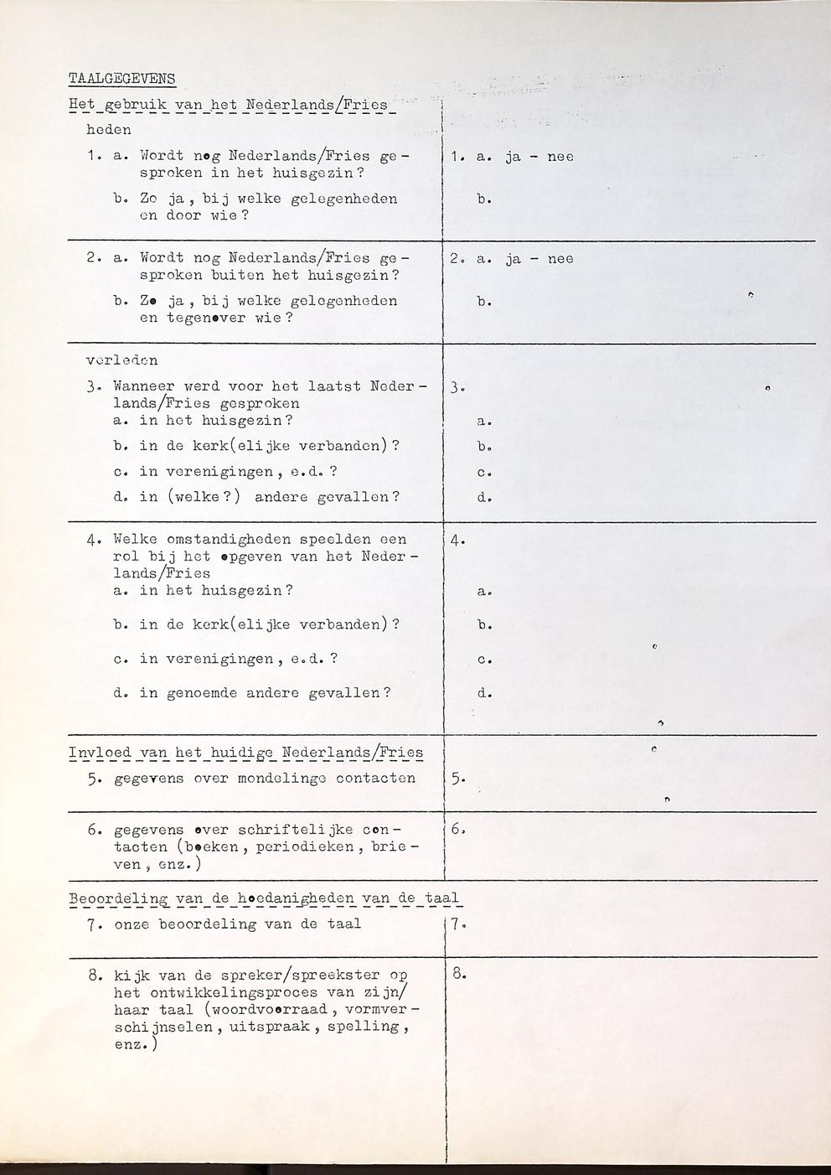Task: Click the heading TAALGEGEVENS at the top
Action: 121,79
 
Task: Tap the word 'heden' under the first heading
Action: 109,130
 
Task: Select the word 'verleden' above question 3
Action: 122,360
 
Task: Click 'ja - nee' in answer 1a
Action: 539,157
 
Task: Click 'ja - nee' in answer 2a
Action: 539,259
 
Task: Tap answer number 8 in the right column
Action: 458,975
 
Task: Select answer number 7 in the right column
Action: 457,924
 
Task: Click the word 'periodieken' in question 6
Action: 304,847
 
